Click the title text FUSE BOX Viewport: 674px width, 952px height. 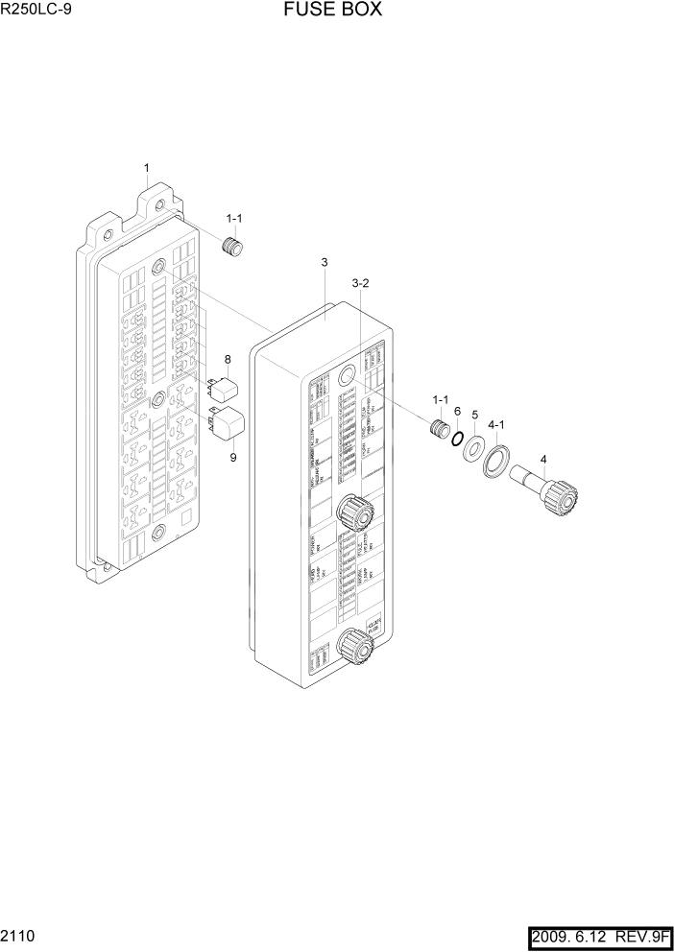point(332,11)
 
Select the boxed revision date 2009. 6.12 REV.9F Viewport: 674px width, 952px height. point(599,934)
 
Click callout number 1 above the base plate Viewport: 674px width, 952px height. point(146,169)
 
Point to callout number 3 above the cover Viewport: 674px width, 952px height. point(325,262)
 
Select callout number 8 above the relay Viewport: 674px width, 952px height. point(228,360)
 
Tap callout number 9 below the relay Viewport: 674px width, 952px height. point(232,457)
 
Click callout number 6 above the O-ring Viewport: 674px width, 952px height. point(457,411)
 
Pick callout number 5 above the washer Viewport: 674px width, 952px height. point(474,415)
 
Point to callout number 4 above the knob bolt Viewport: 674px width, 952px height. point(543,459)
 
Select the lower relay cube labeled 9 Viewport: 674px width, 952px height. point(229,423)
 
